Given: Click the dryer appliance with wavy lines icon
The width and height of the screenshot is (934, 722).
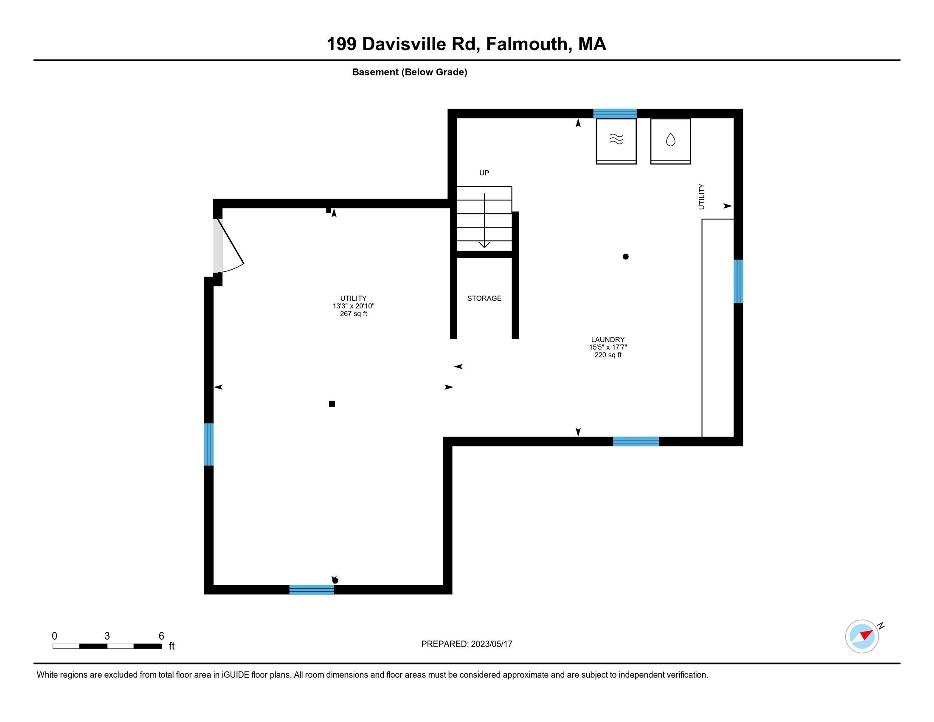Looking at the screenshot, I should click(616, 141).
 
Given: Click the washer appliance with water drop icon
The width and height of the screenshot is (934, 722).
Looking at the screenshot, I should click(670, 141).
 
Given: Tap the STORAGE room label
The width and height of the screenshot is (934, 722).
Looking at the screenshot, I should click(484, 298).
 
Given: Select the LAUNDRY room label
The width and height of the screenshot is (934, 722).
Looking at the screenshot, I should click(608, 340).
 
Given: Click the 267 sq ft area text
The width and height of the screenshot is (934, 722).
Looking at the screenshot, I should click(353, 314).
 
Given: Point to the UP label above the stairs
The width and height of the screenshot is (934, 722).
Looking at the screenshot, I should click(484, 173).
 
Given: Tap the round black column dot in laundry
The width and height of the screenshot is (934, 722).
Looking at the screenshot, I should click(625, 257).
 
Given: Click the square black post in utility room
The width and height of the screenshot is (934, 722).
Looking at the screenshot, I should click(332, 404).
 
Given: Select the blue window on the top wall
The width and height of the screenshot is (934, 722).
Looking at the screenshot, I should click(615, 113).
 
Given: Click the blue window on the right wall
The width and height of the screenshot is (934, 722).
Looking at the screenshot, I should click(738, 281).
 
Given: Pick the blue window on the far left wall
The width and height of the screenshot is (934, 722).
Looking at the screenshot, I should click(209, 444).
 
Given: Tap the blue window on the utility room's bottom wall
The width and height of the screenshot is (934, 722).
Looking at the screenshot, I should click(311, 589).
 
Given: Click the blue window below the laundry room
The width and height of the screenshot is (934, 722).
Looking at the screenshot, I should click(636, 441).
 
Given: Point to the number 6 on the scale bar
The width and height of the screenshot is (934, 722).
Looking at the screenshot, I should click(161, 636).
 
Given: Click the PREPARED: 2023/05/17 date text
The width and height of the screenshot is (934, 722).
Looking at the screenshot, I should click(467, 644).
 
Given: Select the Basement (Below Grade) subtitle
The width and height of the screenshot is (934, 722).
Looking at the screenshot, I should click(409, 72).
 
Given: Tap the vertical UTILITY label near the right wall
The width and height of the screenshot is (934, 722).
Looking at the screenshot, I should click(701, 197).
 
